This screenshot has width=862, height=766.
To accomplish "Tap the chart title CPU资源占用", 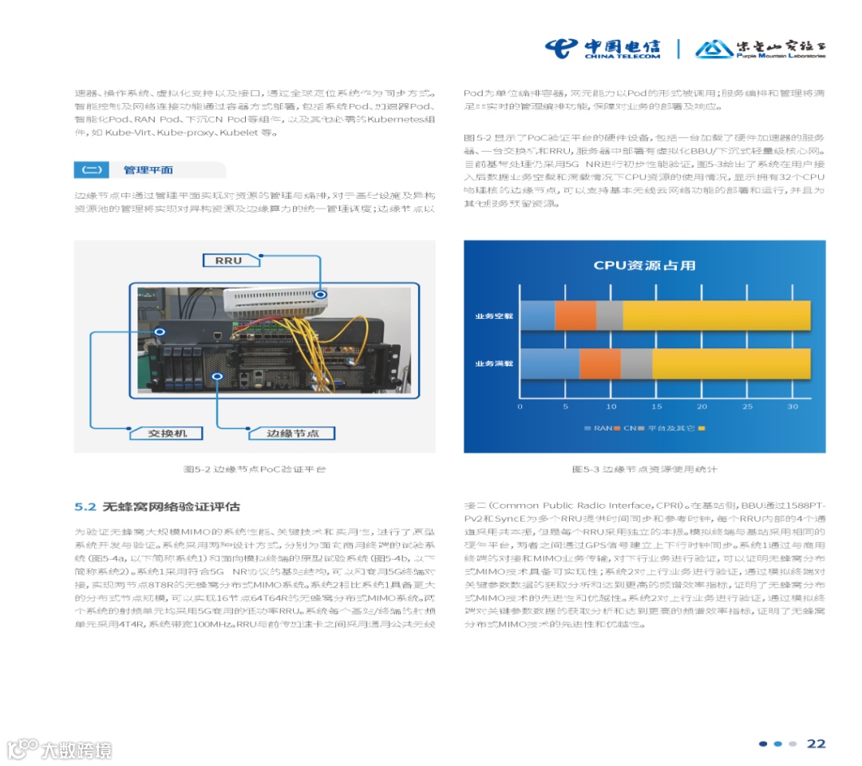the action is (644, 266).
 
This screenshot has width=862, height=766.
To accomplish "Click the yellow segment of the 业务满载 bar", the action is (731, 363).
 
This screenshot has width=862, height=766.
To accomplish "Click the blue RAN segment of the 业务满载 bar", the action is (549, 363).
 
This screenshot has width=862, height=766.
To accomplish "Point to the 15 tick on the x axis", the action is (656, 407).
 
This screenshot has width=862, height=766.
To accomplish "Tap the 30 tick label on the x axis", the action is (793, 407).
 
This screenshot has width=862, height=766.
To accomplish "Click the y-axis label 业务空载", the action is (494, 316).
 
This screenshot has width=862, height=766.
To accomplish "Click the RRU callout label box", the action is (229, 260).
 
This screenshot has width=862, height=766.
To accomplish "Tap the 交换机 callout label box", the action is (168, 433).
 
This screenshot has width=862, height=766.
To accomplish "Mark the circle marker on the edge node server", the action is (216, 375).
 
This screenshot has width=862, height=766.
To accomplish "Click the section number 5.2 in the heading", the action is (85, 507).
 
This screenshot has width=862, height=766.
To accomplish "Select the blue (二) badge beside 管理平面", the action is (92, 170).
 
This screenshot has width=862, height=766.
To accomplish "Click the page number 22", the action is (816, 744).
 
